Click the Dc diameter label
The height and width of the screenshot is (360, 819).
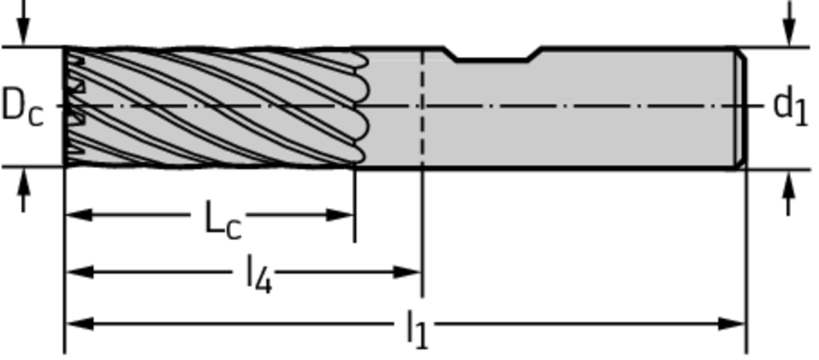(x=22, y=107)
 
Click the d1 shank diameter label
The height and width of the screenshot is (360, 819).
(x=790, y=106)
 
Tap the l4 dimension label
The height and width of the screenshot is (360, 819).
(x=260, y=275)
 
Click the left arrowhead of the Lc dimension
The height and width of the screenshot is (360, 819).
(x=78, y=214)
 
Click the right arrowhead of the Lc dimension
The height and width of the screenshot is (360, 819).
(x=341, y=214)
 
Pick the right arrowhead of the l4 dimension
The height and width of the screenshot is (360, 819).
(x=407, y=272)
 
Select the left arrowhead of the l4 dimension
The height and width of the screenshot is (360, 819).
(x=78, y=272)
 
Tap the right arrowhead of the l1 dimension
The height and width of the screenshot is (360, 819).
(x=731, y=324)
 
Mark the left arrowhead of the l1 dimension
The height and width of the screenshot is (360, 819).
(x=78, y=324)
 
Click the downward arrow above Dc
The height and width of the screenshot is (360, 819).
(x=23, y=23)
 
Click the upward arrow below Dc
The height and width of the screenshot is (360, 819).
(x=23, y=190)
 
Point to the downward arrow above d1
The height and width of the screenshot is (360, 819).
(x=789, y=23)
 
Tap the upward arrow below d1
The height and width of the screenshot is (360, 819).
(x=789, y=194)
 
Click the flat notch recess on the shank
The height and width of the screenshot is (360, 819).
(x=493, y=55)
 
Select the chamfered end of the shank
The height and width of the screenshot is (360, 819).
(x=741, y=108)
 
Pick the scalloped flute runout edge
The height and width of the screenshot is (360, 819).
(x=361, y=107)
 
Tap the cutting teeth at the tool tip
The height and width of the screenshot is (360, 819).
(x=74, y=107)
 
